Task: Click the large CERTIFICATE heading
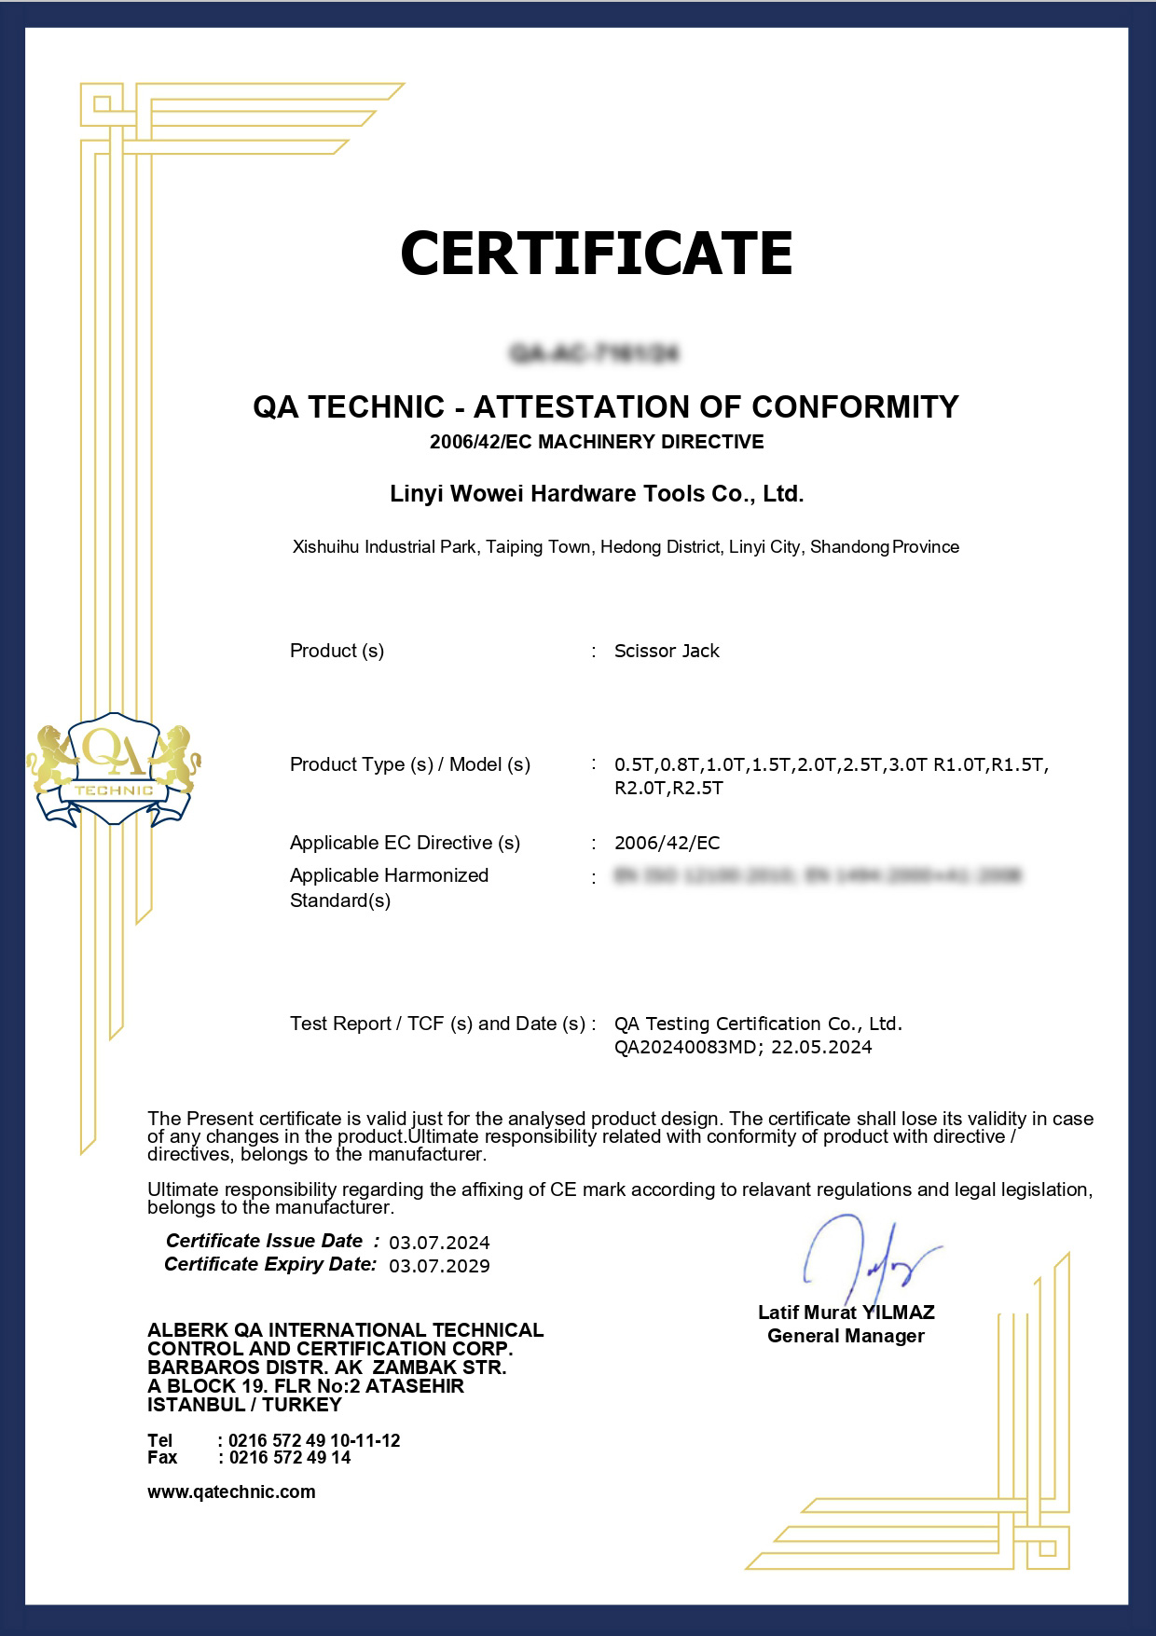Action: pos(597,253)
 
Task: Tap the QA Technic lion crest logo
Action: pos(114,770)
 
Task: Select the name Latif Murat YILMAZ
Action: pos(846,1313)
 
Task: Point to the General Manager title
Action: pos(846,1336)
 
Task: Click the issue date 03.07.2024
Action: pos(439,1243)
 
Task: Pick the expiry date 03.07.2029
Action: pos(439,1266)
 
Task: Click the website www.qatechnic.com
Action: pos(231,1492)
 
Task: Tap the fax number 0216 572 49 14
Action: pos(289,1458)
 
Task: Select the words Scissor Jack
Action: pos(667,651)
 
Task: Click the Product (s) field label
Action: pos(337,651)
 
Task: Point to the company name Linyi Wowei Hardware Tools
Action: pos(597,493)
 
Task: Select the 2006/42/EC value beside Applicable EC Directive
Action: pos(667,843)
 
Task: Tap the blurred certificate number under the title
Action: pos(595,353)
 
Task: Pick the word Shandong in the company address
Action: pos(849,547)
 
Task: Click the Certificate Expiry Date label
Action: pos(270,1264)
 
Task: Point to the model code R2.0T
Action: pos(637,788)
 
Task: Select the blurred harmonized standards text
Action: pos(818,875)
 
